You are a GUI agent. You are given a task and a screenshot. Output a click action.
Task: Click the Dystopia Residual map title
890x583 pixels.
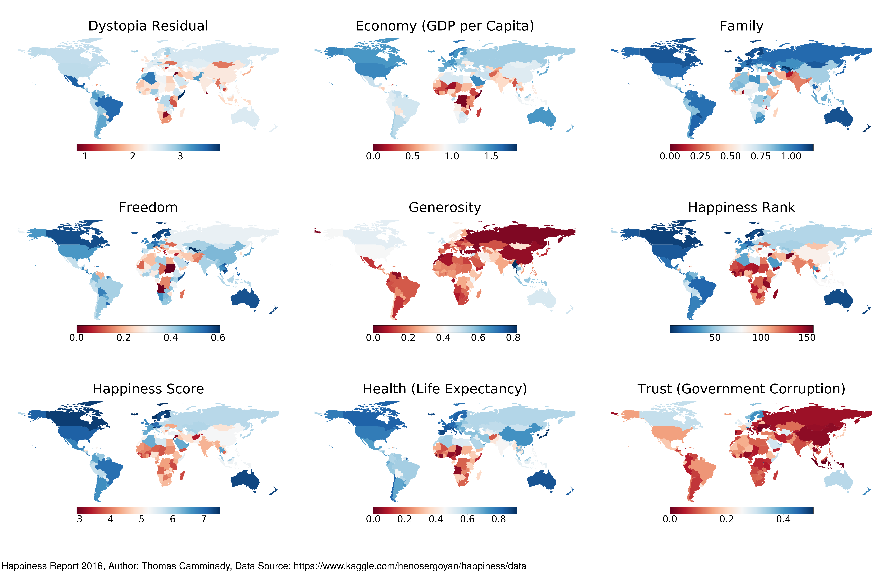(x=148, y=26)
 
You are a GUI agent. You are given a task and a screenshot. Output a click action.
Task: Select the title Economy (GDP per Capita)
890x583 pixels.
(x=445, y=26)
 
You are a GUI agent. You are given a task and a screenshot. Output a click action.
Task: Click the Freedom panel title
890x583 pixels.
(x=148, y=208)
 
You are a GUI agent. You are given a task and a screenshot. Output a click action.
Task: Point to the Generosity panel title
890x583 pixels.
(x=445, y=208)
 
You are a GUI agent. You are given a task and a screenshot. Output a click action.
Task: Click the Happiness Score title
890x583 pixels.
(x=148, y=389)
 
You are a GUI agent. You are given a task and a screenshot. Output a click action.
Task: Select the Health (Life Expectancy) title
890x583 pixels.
(x=445, y=389)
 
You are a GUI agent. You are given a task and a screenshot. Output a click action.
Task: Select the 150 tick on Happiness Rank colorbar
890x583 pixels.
(x=807, y=338)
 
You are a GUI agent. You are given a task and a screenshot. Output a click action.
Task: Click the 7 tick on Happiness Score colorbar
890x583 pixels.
(x=203, y=519)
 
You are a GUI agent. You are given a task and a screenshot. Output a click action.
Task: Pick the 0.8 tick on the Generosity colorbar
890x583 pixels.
(x=513, y=338)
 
